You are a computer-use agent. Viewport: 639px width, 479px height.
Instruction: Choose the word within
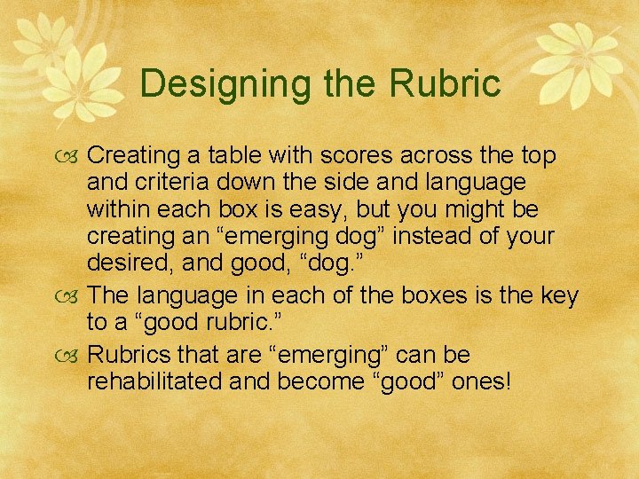116,210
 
